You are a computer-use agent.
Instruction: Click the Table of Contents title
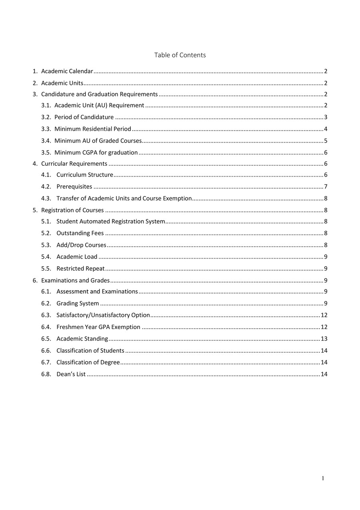(180, 55)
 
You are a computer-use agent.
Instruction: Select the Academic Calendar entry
(67, 71)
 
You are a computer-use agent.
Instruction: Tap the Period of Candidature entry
(84, 117)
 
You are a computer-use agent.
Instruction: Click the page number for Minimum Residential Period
(326, 129)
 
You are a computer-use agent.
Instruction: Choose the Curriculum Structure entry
(85, 175)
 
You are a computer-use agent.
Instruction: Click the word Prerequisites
(74, 187)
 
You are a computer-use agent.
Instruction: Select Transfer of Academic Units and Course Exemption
(124, 199)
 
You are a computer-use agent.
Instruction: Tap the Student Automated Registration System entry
(110, 221)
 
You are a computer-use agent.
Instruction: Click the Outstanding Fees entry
(80, 233)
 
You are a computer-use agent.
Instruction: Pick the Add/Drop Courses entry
(81, 245)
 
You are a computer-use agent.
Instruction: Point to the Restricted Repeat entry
(80, 269)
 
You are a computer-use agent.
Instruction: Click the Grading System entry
(78, 303)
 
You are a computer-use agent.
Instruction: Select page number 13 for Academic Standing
(324, 339)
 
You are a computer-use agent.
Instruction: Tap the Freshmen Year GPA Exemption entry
(98, 327)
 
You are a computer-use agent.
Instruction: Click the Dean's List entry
(71, 374)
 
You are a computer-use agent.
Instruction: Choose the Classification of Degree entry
(88, 362)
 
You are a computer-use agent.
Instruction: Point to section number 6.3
(46, 315)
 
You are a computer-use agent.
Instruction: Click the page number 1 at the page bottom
(323, 478)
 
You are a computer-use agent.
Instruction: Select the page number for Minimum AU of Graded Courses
(326, 141)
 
